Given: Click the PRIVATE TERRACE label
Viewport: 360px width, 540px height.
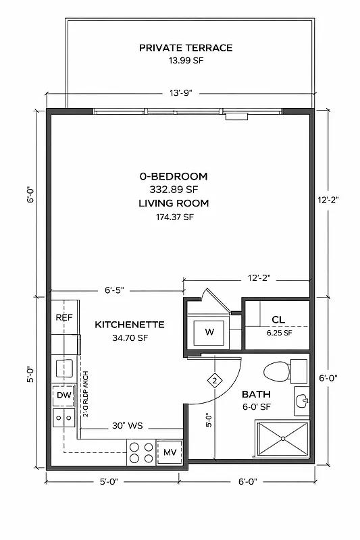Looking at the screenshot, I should coord(186,48).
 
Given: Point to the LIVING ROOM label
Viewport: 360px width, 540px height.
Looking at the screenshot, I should coord(174,202).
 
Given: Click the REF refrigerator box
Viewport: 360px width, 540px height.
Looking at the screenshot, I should coord(64,317).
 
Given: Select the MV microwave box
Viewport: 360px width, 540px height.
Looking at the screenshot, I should coord(170,452).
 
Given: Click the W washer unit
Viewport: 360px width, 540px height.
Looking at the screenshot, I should coord(209,332).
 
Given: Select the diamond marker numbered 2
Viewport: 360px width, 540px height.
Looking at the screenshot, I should coord(215,381).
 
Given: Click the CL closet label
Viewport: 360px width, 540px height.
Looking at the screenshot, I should coord(278,319).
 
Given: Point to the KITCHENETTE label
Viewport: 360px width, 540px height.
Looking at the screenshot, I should coord(130,325).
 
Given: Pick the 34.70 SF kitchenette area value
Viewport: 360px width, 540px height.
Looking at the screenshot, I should coord(130,338).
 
